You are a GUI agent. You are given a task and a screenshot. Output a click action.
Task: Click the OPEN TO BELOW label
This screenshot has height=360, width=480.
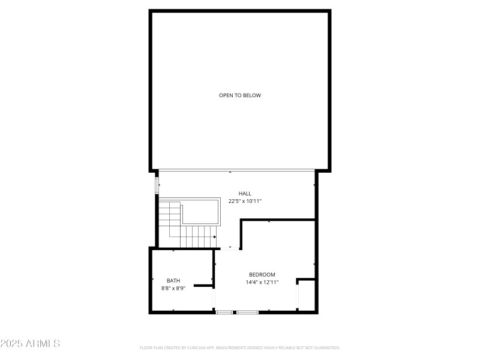[x=240, y=95]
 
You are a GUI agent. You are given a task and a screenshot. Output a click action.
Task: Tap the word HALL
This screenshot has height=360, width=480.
[x=245, y=193]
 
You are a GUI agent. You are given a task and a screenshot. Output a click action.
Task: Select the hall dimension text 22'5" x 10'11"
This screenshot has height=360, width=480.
[x=245, y=201]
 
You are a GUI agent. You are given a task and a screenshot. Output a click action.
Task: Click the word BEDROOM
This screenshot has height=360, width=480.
[x=262, y=274]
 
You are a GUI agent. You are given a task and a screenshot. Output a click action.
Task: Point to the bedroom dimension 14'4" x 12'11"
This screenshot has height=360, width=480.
[x=262, y=282]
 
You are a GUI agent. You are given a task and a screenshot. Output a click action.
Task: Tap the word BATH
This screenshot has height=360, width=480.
[x=173, y=280]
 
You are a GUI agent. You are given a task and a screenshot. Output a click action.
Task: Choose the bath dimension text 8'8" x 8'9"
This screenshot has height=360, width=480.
[x=173, y=288]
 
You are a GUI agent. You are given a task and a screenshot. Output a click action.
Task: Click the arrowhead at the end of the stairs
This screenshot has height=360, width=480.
[x=214, y=237]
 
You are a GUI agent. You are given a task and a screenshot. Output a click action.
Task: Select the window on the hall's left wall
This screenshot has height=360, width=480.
[x=157, y=184]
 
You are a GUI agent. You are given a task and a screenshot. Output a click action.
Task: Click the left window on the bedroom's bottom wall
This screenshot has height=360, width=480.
[x=225, y=312]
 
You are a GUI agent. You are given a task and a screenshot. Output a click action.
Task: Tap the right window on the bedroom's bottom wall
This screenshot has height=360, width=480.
[x=247, y=312]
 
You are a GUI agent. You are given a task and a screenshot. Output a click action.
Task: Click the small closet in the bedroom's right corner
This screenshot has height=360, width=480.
[x=307, y=295]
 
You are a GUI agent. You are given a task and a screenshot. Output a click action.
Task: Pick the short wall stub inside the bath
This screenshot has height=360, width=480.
[x=203, y=286]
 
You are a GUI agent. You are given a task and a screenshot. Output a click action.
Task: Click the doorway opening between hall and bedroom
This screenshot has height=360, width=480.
[x=230, y=248]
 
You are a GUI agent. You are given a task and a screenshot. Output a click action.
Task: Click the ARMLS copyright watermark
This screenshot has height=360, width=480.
[x=30, y=344]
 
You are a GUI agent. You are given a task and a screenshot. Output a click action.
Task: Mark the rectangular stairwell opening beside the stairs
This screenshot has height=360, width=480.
[x=200, y=212]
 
